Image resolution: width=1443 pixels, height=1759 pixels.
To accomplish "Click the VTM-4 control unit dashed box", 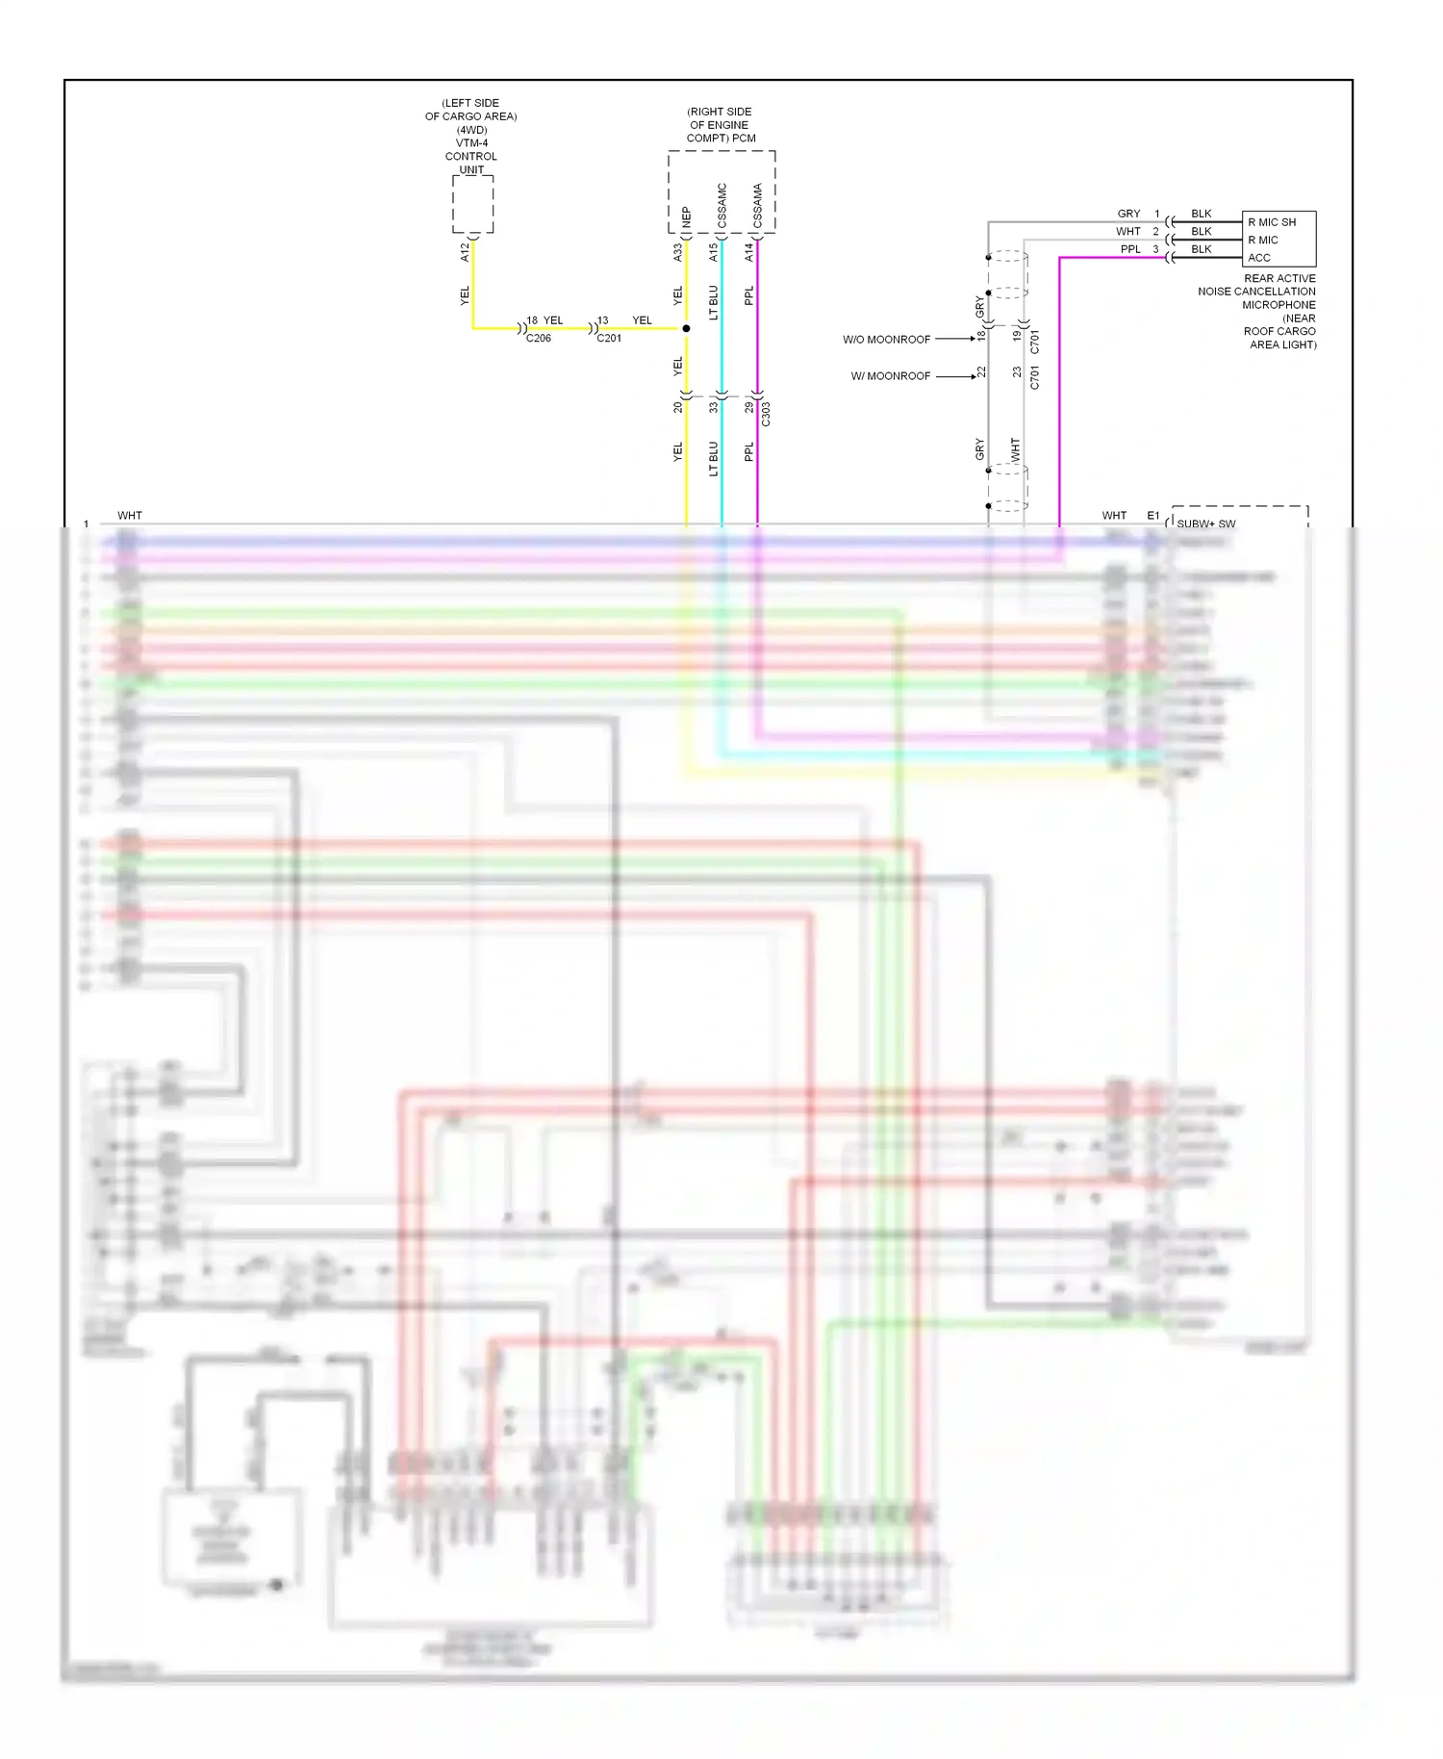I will (x=472, y=204).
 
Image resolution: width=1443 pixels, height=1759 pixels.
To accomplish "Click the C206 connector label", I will (x=539, y=339).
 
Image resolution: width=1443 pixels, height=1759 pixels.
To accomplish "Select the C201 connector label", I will (x=609, y=339).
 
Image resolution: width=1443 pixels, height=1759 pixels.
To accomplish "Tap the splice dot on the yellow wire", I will (x=686, y=329).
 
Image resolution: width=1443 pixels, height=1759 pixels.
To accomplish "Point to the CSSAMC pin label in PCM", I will (x=721, y=205).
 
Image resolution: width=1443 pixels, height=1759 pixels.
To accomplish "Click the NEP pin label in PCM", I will (x=686, y=217).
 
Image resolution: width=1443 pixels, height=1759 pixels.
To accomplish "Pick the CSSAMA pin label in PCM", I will (x=757, y=206).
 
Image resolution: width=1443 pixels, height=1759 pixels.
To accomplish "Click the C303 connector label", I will (x=766, y=415).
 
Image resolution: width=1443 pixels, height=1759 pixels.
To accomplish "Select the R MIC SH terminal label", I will (x=1272, y=222).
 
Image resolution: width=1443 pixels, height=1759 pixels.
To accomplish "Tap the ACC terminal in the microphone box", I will (x=1259, y=258).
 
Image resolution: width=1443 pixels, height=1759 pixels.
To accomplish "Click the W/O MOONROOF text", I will (x=886, y=340).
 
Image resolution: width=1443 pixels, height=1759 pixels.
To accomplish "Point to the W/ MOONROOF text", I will (x=890, y=376).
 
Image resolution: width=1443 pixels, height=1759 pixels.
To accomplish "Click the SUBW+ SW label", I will (x=1205, y=524).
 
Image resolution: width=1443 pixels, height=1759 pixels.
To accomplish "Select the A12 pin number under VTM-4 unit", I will (x=465, y=252).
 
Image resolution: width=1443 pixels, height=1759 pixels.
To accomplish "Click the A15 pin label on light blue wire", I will (x=713, y=252).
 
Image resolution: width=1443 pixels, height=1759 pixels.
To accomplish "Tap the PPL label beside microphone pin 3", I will (x=1130, y=249).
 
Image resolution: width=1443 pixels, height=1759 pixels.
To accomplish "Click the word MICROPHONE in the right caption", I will (x=1278, y=305).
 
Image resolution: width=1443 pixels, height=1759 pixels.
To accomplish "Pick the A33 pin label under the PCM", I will (x=677, y=252).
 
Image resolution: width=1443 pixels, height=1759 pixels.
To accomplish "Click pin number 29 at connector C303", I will (x=748, y=407).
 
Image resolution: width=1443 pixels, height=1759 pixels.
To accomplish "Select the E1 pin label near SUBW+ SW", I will (x=1152, y=516).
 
